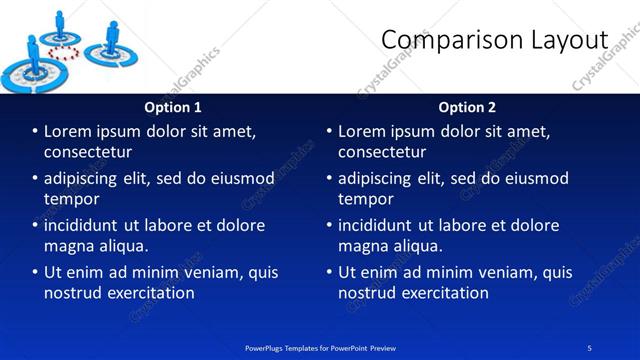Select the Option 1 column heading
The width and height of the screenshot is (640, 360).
tap(173, 107)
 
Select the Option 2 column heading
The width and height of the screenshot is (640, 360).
tap(467, 107)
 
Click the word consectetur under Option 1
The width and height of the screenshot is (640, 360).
tap(88, 152)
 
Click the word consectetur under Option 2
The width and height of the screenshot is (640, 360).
tap(382, 152)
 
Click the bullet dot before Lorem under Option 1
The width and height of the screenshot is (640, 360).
tap(35, 132)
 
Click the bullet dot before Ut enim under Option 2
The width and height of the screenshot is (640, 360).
tap(329, 272)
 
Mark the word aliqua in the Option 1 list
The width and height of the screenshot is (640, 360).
tap(124, 246)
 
